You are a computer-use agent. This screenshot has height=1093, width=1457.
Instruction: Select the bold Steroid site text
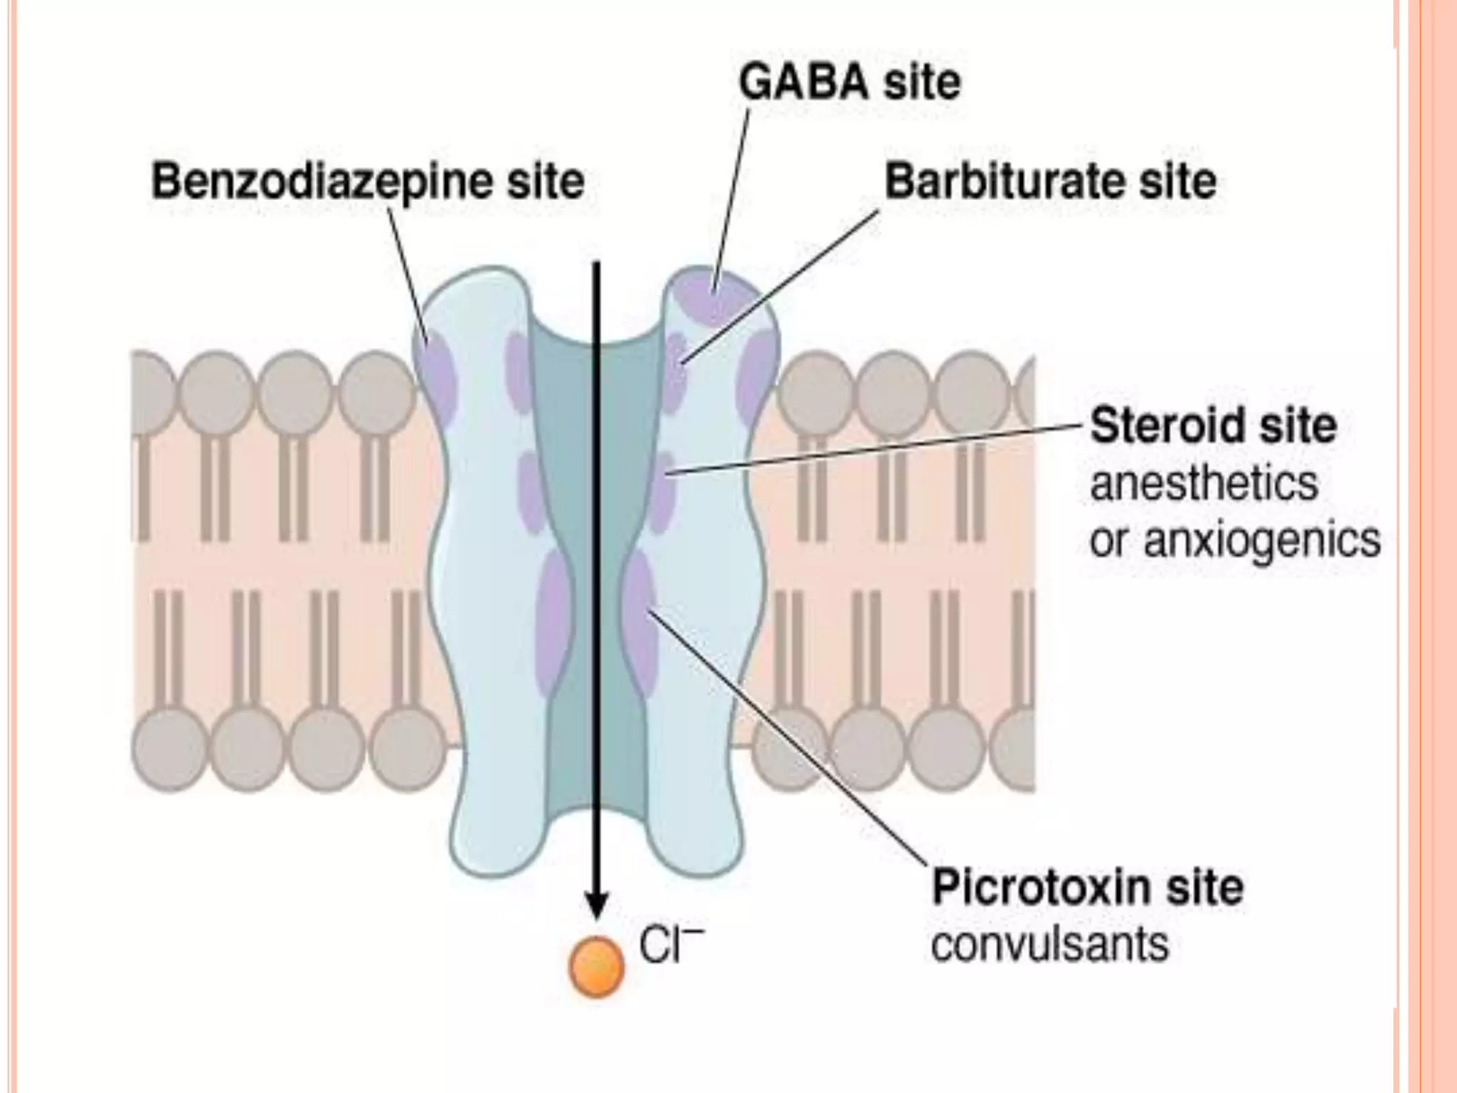point(1213,426)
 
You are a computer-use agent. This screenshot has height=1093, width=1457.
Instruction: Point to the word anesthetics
point(1204,484)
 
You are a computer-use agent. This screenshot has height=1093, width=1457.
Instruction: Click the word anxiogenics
point(1261,540)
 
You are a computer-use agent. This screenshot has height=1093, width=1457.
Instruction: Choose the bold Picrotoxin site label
point(1088,887)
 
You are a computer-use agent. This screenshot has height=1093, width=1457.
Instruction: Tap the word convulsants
point(1049,944)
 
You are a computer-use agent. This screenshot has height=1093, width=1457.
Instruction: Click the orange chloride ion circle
point(596,966)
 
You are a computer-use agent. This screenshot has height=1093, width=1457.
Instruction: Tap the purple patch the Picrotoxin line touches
point(640,619)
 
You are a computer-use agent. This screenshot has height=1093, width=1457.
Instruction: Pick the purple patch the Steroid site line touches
point(662,491)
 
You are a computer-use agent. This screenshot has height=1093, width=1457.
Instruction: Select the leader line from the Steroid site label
point(875,448)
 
